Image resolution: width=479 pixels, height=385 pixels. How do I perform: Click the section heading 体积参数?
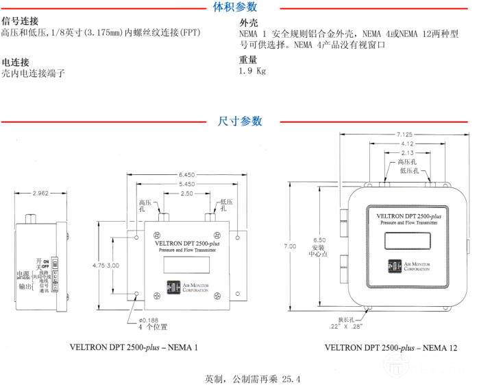[235, 8]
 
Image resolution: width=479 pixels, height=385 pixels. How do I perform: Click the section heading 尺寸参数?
[235, 121]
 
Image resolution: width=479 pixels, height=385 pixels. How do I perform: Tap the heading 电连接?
[14, 61]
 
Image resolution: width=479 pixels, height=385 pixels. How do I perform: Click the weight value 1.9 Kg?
[252, 71]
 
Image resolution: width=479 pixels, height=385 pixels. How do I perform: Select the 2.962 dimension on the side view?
[40, 194]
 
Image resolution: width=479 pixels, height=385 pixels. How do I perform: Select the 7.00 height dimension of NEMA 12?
[290, 246]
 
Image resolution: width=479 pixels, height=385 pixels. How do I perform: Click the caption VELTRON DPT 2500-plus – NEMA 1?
[134, 347]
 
